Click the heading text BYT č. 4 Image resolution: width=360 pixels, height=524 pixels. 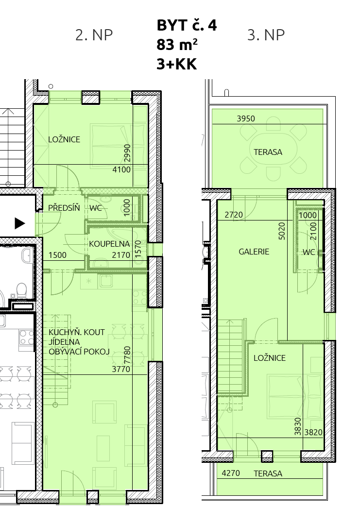point(187,25)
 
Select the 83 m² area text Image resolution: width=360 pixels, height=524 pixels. point(177,45)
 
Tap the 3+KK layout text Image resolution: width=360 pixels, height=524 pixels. point(177,64)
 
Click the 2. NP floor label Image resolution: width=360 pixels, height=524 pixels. point(94,35)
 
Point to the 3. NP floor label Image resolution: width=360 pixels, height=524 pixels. point(266,35)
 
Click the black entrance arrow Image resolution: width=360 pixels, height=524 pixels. point(20,223)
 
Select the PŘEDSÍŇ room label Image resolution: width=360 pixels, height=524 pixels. point(64,207)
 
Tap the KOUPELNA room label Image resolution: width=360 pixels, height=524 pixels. point(109,244)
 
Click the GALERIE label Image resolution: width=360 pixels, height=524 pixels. point(254,252)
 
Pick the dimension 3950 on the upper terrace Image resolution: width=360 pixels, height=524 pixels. point(246,118)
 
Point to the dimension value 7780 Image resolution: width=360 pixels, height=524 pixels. point(127,355)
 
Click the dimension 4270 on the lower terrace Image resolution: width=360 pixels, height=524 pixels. point(231,473)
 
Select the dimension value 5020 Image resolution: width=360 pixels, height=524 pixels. point(282,231)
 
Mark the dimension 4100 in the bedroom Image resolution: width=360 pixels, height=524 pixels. point(121,170)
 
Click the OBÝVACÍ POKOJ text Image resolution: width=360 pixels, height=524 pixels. point(79,352)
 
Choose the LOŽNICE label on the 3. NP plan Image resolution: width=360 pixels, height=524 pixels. point(270,358)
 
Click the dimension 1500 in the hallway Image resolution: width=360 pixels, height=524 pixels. point(57,255)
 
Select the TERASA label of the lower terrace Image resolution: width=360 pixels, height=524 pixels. point(268,473)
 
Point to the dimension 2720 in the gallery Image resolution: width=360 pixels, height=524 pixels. point(234,215)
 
